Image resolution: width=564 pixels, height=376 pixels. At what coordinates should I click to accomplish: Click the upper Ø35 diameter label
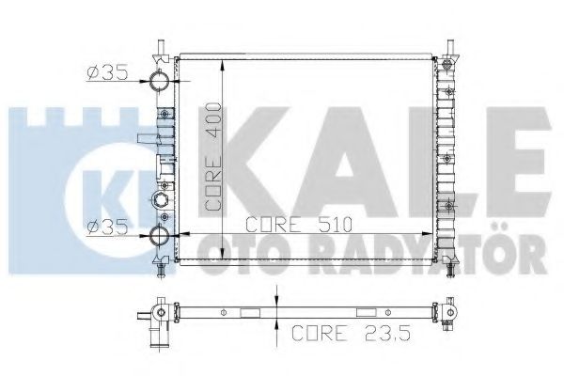pos(107,73)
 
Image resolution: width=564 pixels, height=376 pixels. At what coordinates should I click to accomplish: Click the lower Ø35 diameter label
pos(107,227)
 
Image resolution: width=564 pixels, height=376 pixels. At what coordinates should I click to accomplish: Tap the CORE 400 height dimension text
pos(213,157)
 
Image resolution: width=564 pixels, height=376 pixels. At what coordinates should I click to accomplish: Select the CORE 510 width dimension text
pos(299,225)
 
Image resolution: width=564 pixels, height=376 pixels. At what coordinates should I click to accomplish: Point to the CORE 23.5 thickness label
pos(351,333)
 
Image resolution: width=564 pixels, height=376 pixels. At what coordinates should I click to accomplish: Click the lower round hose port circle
pos(159,236)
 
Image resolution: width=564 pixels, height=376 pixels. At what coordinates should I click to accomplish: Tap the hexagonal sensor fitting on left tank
pos(159,199)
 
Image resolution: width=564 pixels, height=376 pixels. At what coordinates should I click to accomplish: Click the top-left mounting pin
pos(161,47)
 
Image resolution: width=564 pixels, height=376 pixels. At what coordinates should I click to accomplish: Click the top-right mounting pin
pos(449,47)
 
